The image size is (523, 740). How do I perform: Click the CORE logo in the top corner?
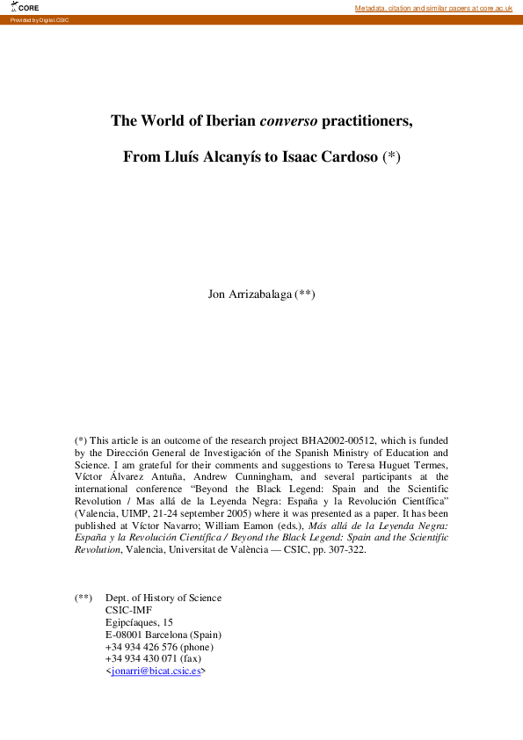coord(25,8)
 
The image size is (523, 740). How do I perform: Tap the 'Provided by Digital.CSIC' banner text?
coord(40,19)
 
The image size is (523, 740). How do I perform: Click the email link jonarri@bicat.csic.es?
coord(155,671)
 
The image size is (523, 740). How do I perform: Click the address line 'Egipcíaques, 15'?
coord(139,622)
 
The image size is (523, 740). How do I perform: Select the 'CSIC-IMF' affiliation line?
coord(128,610)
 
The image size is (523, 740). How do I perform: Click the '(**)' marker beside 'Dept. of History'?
coord(84,598)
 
